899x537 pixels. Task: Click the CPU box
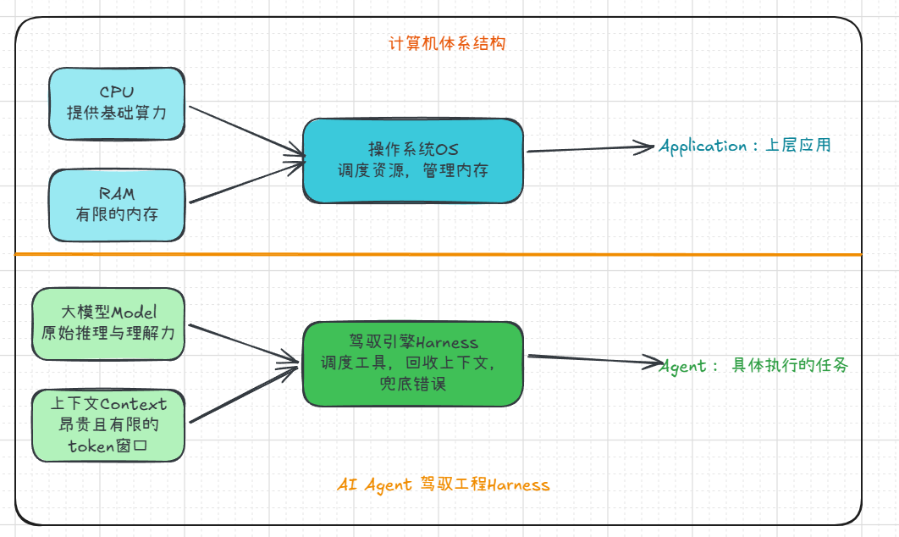tap(116, 102)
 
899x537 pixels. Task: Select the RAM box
tap(116, 205)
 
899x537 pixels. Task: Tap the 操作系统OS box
tap(413, 160)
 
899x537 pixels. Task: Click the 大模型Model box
tap(108, 323)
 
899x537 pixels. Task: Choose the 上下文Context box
tap(108, 425)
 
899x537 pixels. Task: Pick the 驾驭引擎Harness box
tap(413, 363)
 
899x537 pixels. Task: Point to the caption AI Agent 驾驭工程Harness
tap(443, 485)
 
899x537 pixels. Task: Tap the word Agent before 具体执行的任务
tap(682, 366)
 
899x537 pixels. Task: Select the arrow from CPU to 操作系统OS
tap(245, 130)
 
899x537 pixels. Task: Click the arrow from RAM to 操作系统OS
tap(245, 182)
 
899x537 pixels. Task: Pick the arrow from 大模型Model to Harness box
tap(244, 343)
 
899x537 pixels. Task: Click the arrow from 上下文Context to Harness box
tap(244, 395)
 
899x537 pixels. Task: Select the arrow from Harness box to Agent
tap(593, 360)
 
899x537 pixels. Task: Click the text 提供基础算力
tap(116, 111)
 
